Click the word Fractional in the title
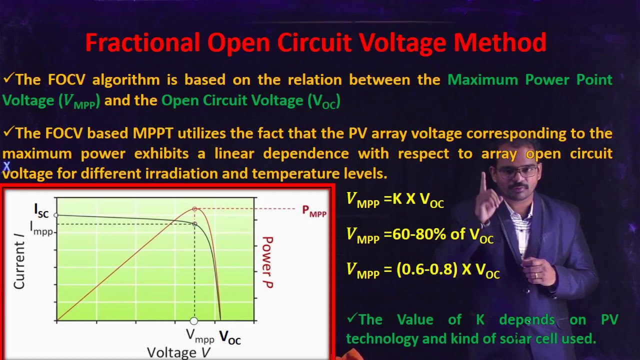[x=142, y=43]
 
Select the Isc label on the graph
[x=41, y=210]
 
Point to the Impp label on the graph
[x=41, y=228]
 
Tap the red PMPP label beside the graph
[x=314, y=211]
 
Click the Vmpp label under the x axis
[x=200, y=336]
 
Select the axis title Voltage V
[x=178, y=352]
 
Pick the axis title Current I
[x=19, y=265]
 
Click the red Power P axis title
[x=267, y=262]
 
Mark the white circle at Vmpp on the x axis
[x=194, y=321]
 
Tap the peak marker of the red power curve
[x=195, y=208]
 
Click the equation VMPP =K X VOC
[x=395, y=199]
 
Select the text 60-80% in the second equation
[x=409, y=234]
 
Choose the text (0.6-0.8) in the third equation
[x=427, y=269]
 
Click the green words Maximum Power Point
[x=529, y=79]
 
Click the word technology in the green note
[x=382, y=338]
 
